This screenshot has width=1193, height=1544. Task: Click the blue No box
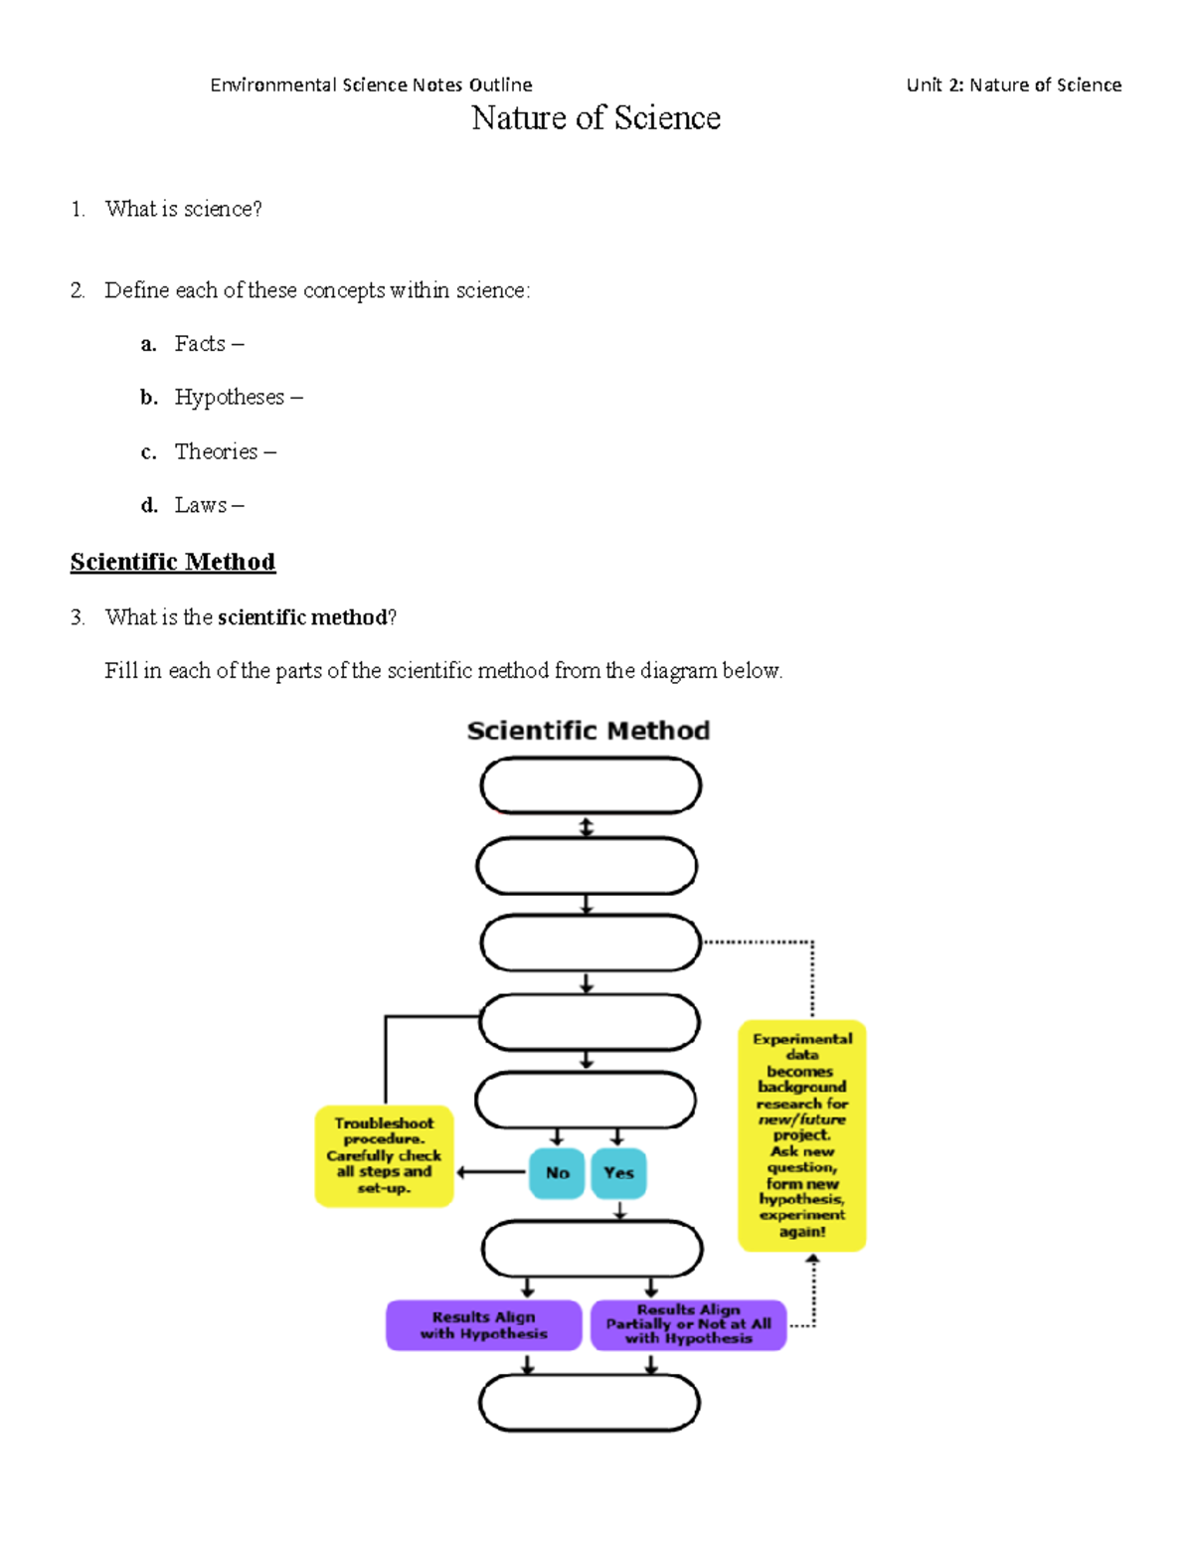coord(557,1173)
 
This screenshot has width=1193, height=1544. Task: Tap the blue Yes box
coord(618,1173)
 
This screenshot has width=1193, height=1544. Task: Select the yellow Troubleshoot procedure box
coord(384,1155)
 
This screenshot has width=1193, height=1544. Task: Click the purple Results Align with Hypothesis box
coord(483,1325)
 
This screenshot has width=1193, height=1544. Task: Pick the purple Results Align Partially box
coord(688,1325)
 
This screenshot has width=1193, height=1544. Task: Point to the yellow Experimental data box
coord(801,1135)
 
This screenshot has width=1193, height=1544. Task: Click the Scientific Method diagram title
coord(589,731)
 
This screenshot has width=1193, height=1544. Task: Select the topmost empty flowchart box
coord(591,785)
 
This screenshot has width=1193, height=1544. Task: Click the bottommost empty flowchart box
coord(590,1403)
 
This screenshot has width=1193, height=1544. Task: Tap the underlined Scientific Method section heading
coord(173,562)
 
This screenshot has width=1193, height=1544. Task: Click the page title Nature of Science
coord(596,118)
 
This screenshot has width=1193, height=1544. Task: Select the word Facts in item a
coord(200,344)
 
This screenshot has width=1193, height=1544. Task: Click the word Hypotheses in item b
coord(230,398)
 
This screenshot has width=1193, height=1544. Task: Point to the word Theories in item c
coord(216,451)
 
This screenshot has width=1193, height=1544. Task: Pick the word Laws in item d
coord(201,505)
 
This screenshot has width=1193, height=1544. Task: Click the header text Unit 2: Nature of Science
coord(1013,86)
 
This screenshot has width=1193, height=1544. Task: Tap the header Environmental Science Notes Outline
coord(371,86)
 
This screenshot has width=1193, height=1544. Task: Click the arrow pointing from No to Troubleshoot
coord(491,1172)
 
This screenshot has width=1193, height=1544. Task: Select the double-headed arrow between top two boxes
coord(587,826)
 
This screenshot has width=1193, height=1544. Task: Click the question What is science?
coord(184,209)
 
